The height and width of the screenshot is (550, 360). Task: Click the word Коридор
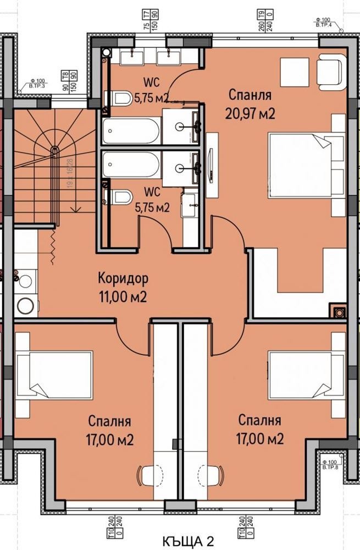[123, 278]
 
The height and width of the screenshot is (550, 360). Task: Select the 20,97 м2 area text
[250, 113]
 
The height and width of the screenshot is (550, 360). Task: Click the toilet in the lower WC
[122, 197]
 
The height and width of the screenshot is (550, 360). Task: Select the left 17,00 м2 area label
[109, 431]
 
